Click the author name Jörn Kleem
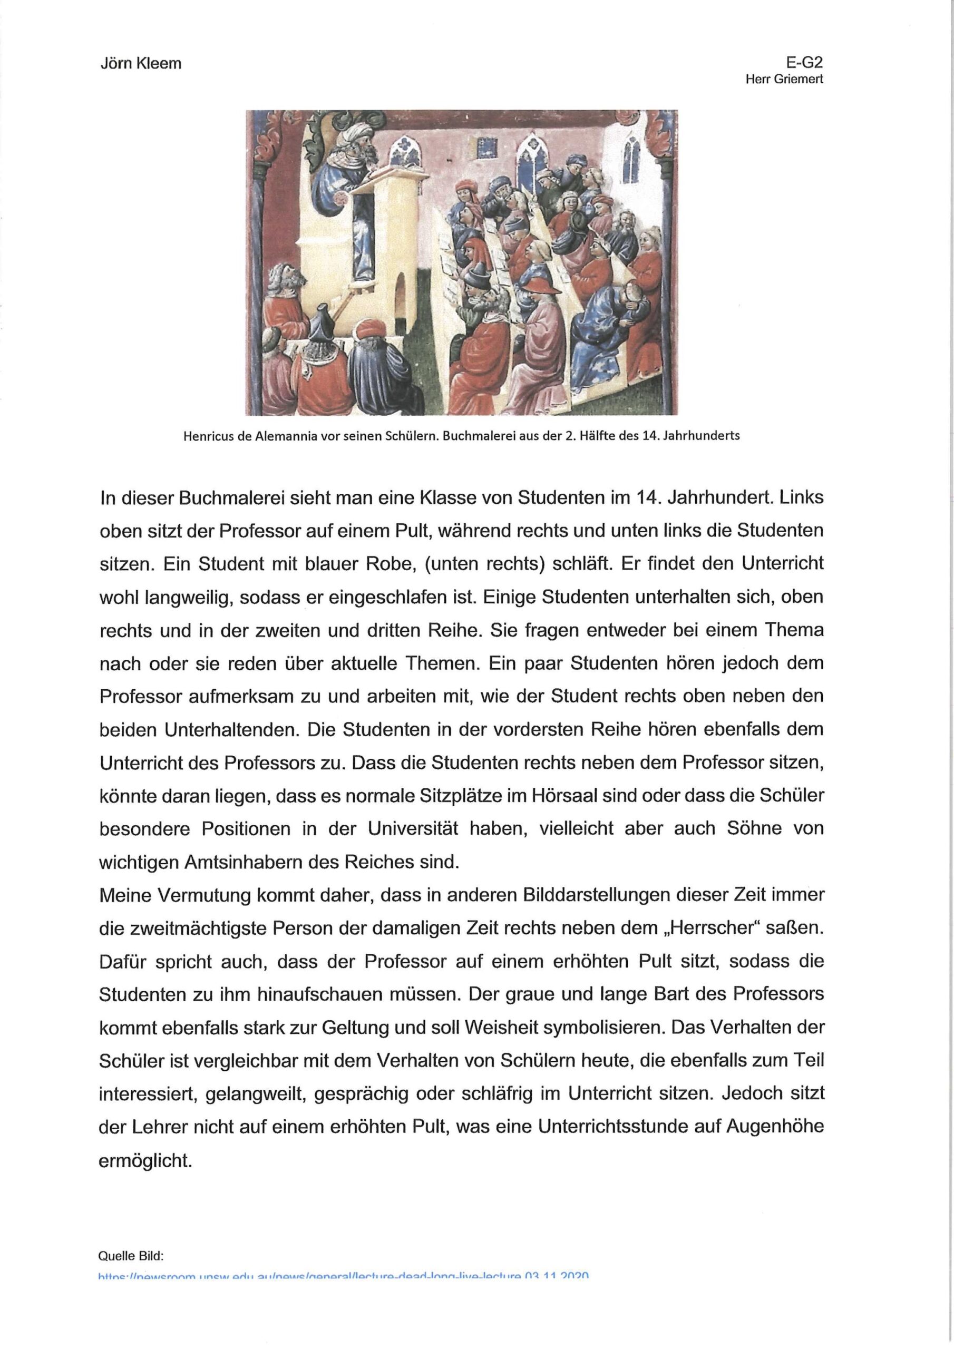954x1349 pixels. pos(141,63)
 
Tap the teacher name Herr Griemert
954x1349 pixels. pos(784,80)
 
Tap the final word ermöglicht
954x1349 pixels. pos(146,1161)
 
